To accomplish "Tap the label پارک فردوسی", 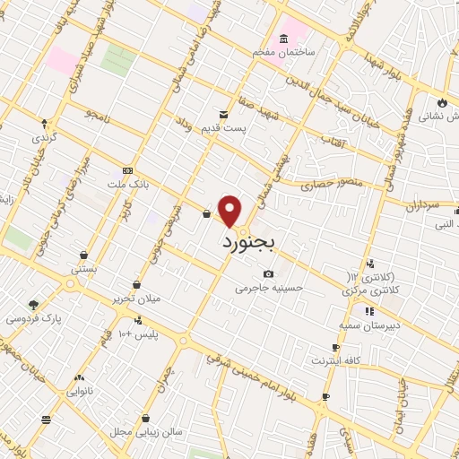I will tap(32, 319).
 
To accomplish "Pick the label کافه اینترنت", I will tap(335, 361).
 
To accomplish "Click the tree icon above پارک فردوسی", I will tap(33, 305).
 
